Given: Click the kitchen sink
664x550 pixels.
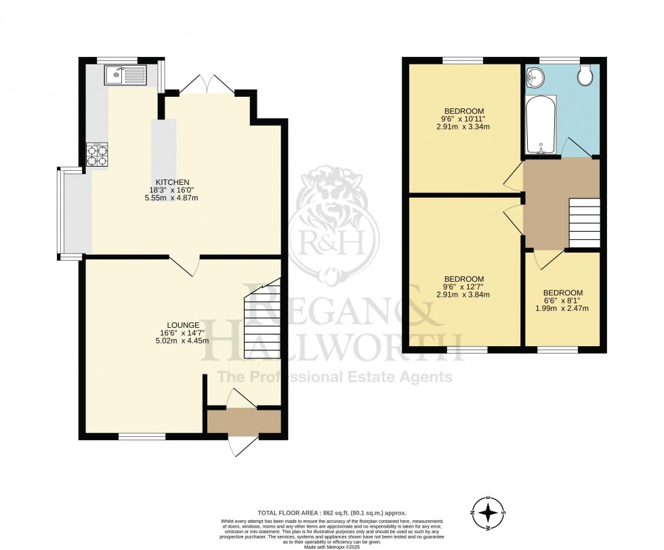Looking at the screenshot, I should coord(125,74).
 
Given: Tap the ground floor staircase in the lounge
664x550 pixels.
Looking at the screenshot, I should coord(263,318).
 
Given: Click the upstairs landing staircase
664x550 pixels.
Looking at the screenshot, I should coord(583,224).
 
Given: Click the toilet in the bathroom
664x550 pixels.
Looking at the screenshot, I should coord(585,77).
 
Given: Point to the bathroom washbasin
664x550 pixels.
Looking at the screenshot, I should coord(535,77).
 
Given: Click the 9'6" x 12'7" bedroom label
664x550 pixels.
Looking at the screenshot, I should coord(464,287).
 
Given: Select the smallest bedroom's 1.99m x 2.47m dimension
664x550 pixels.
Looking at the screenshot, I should coord(562,308).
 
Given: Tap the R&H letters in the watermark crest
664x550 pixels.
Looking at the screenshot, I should coord(334,238).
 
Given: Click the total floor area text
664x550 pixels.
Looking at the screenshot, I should coord(331,513).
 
